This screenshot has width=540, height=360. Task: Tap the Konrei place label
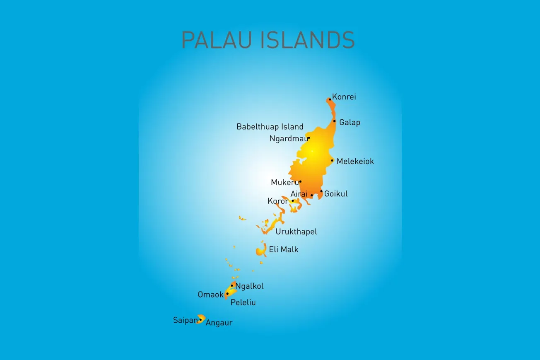[344, 97]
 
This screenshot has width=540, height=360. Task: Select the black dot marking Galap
[335, 121]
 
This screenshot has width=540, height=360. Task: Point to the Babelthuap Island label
[270, 127]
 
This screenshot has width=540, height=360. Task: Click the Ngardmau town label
[289, 139]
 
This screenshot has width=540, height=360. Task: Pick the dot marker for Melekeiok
[332, 160]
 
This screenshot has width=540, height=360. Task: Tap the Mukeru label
[284, 182]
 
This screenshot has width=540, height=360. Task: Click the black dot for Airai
[312, 195]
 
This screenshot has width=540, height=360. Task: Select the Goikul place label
[336, 193]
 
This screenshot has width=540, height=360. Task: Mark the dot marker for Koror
[293, 201]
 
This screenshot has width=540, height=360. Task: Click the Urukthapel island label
[296, 232]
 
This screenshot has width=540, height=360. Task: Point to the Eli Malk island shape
[261, 250]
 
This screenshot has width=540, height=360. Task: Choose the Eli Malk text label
[284, 249]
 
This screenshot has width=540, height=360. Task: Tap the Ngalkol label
[249, 286]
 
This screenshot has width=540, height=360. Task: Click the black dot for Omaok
[227, 294]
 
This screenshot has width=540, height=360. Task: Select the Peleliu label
[243, 302]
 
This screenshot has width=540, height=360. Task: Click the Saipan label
[185, 320]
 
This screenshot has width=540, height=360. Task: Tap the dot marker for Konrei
[330, 99]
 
